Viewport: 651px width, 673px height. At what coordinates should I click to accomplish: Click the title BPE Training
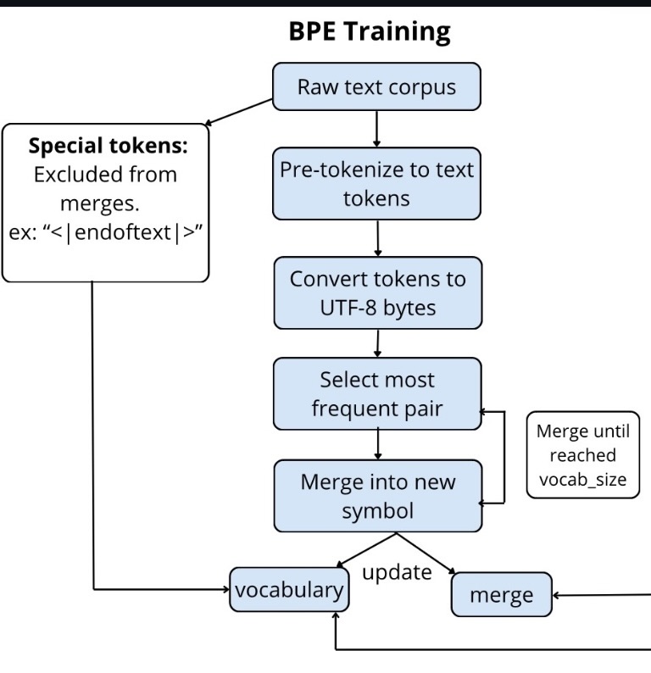coord(369,31)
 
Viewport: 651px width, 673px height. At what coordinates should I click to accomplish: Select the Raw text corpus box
coord(376,87)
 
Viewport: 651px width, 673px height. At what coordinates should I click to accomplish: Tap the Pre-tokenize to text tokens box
coord(376,183)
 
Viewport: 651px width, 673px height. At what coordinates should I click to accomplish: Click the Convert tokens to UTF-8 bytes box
coord(376,292)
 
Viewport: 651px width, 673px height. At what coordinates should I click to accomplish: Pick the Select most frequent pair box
coord(376,393)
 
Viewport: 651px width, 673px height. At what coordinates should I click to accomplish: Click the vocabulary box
coord(289,590)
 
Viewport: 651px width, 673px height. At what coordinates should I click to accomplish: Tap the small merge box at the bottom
coord(502,595)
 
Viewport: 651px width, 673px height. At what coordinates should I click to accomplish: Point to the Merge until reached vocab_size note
coord(582,455)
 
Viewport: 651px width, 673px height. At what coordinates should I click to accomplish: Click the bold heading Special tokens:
coord(108,146)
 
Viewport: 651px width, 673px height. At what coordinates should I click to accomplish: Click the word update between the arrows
coord(397,571)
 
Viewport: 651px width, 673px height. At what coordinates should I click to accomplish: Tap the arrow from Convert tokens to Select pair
coord(376,342)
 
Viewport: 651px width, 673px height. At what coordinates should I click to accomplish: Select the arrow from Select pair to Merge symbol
coord(376,445)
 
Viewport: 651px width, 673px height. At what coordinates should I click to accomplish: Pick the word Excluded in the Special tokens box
coord(73,175)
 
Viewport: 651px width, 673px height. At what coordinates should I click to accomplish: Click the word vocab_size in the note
coord(582,479)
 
